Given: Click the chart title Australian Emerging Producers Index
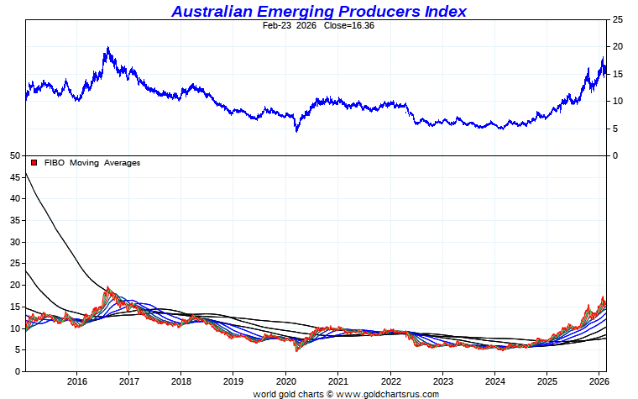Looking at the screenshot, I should coord(319,11).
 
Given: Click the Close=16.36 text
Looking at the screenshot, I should coord(344,26).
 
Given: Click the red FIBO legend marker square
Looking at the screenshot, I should coord(34,163).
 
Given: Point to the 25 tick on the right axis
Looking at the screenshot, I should coord(618,19).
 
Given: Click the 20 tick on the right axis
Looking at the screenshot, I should coord(618,47).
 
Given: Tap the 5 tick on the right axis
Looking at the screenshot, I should coord(615,129).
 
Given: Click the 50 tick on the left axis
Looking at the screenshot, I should coord(14,155).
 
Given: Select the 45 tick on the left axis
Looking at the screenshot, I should coord(14,177).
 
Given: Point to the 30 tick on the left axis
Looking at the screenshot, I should coord(14,242).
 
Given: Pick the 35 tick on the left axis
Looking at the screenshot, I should coord(14,220).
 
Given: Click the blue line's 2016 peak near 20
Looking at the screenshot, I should coord(108,49).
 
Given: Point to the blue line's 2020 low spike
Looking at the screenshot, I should coord(296,130).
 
